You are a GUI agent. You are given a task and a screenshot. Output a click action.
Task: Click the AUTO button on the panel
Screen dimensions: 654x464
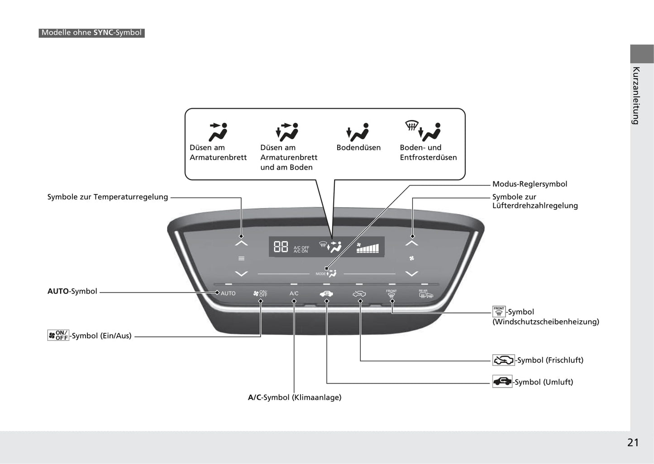[x=228, y=294]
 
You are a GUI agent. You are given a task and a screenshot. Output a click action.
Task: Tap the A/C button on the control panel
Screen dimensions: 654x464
[x=294, y=294]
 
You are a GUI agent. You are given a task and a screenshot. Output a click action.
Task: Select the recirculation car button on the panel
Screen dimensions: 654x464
[x=326, y=294]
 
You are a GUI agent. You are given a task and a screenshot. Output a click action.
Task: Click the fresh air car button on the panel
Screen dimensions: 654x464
[x=359, y=294]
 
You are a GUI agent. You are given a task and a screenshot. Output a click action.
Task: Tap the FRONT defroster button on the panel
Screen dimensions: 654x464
[x=391, y=294]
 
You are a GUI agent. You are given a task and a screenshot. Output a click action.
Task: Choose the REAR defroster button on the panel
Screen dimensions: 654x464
[x=426, y=294]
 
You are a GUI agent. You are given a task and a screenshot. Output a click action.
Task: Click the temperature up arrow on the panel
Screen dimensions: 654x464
[x=241, y=243]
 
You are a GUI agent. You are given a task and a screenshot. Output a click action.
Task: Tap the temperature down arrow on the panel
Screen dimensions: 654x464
[x=241, y=274]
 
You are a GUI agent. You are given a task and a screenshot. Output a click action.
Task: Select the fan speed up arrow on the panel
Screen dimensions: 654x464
[x=412, y=243]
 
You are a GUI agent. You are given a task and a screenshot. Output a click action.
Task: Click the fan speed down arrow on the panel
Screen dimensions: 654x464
[x=412, y=274]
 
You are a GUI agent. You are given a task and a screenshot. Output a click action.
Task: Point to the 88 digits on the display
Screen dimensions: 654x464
[x=281, y=247]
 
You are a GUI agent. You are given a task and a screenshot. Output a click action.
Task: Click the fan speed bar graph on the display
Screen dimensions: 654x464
[x=368, y=248]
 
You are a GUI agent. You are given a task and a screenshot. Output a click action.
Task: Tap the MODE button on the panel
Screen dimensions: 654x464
[x=326, y=274]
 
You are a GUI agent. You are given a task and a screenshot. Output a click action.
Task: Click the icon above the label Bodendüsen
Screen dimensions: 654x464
[x=358, y=132]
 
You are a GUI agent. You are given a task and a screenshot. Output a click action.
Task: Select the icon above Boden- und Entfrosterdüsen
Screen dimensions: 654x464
[x=423, y=131]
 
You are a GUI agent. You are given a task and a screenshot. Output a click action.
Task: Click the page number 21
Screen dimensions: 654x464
[x=633, y=443]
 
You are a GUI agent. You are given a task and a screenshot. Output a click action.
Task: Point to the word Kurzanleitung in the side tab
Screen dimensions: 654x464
[x=636, y=95]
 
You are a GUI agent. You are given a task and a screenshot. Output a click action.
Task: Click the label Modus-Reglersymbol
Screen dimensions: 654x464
[x=530, y=184]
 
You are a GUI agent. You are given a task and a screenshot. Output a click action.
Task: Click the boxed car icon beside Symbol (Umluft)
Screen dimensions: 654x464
[x=502, y=381]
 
